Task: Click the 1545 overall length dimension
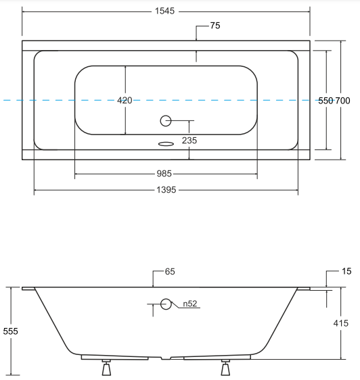coord(164,11)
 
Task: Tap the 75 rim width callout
coord(215,26)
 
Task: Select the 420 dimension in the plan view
coord(125,100)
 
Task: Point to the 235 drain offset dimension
coord(189,141)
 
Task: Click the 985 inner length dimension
coord(164,174)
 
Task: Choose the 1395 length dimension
coord(166,190)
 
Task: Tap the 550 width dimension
coord(325,101)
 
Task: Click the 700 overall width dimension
coord(342,101)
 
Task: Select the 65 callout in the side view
coord(170,271)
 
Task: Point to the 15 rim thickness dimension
coord(346,271)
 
